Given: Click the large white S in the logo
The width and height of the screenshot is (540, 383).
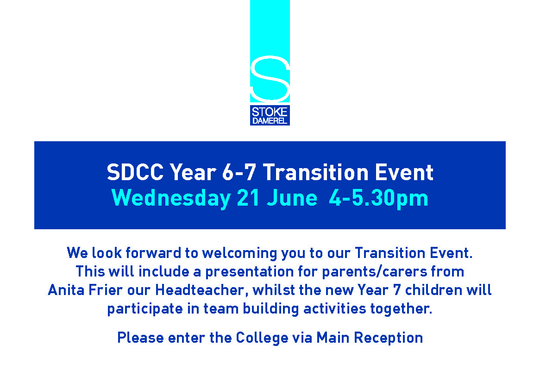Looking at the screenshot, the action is click(270, 79).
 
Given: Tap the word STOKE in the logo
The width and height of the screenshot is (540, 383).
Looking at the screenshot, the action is click(270, 112).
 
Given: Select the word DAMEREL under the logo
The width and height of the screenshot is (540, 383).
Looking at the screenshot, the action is click(270, 121).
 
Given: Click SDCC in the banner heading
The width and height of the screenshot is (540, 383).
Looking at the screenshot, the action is click(135, 172).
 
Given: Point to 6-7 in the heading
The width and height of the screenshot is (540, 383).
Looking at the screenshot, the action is click(239, 172).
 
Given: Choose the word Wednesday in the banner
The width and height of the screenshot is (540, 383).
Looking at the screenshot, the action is click(171, 199).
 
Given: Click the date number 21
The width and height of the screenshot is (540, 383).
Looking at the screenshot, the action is click(248, 198).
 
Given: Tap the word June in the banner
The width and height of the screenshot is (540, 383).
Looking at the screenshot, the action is click(292, 198).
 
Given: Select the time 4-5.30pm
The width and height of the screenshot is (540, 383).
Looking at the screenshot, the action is click(378, 199).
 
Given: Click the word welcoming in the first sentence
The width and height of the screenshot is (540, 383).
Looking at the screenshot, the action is click(239, 253).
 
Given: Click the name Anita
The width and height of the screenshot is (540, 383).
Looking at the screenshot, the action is click(66, 289).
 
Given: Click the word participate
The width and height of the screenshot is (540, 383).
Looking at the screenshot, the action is click(145, 309).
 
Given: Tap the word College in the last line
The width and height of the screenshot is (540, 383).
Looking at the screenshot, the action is click(262, 338).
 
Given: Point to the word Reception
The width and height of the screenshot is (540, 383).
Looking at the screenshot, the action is click(389, 338).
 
